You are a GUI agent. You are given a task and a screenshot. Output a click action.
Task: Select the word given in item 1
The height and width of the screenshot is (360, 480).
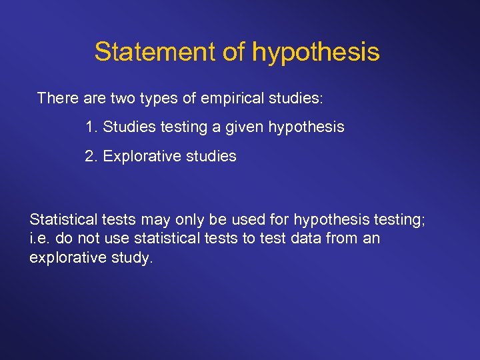point(244,127)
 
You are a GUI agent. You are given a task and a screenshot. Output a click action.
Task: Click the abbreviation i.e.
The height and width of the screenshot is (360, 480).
point(39,238)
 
